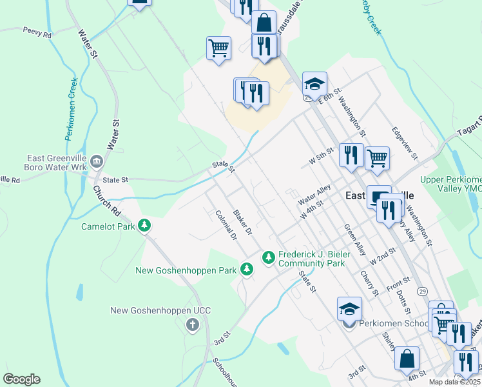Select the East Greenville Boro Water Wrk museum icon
pyautogui.click(x=96, y=161)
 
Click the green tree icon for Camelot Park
pyautogui.click(x=146, y=226)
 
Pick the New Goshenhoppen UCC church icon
pyautogui.click(x=192, y=324)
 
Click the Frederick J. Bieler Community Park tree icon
pyautogui.click(x=268, y=257)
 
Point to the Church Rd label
pyautogui.click(x=107, y=201)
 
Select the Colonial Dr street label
pyautogui.click(x=226, y=226)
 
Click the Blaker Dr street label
pyautogui.click(x=242, y=223)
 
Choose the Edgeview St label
pyautogui.click(x=405, y=143)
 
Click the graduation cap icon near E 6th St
pyautogui.click(x=314, y=84)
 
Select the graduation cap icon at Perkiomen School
pyautogui.click(x=349, y=308)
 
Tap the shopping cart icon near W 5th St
pyautogui.click(x=377, y=157)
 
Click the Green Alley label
pyautogui.click(x=354, y=239)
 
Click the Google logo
pyautogui.click(x=21, y=379)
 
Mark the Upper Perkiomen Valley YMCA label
pyautogui.click(x=451, y=184)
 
